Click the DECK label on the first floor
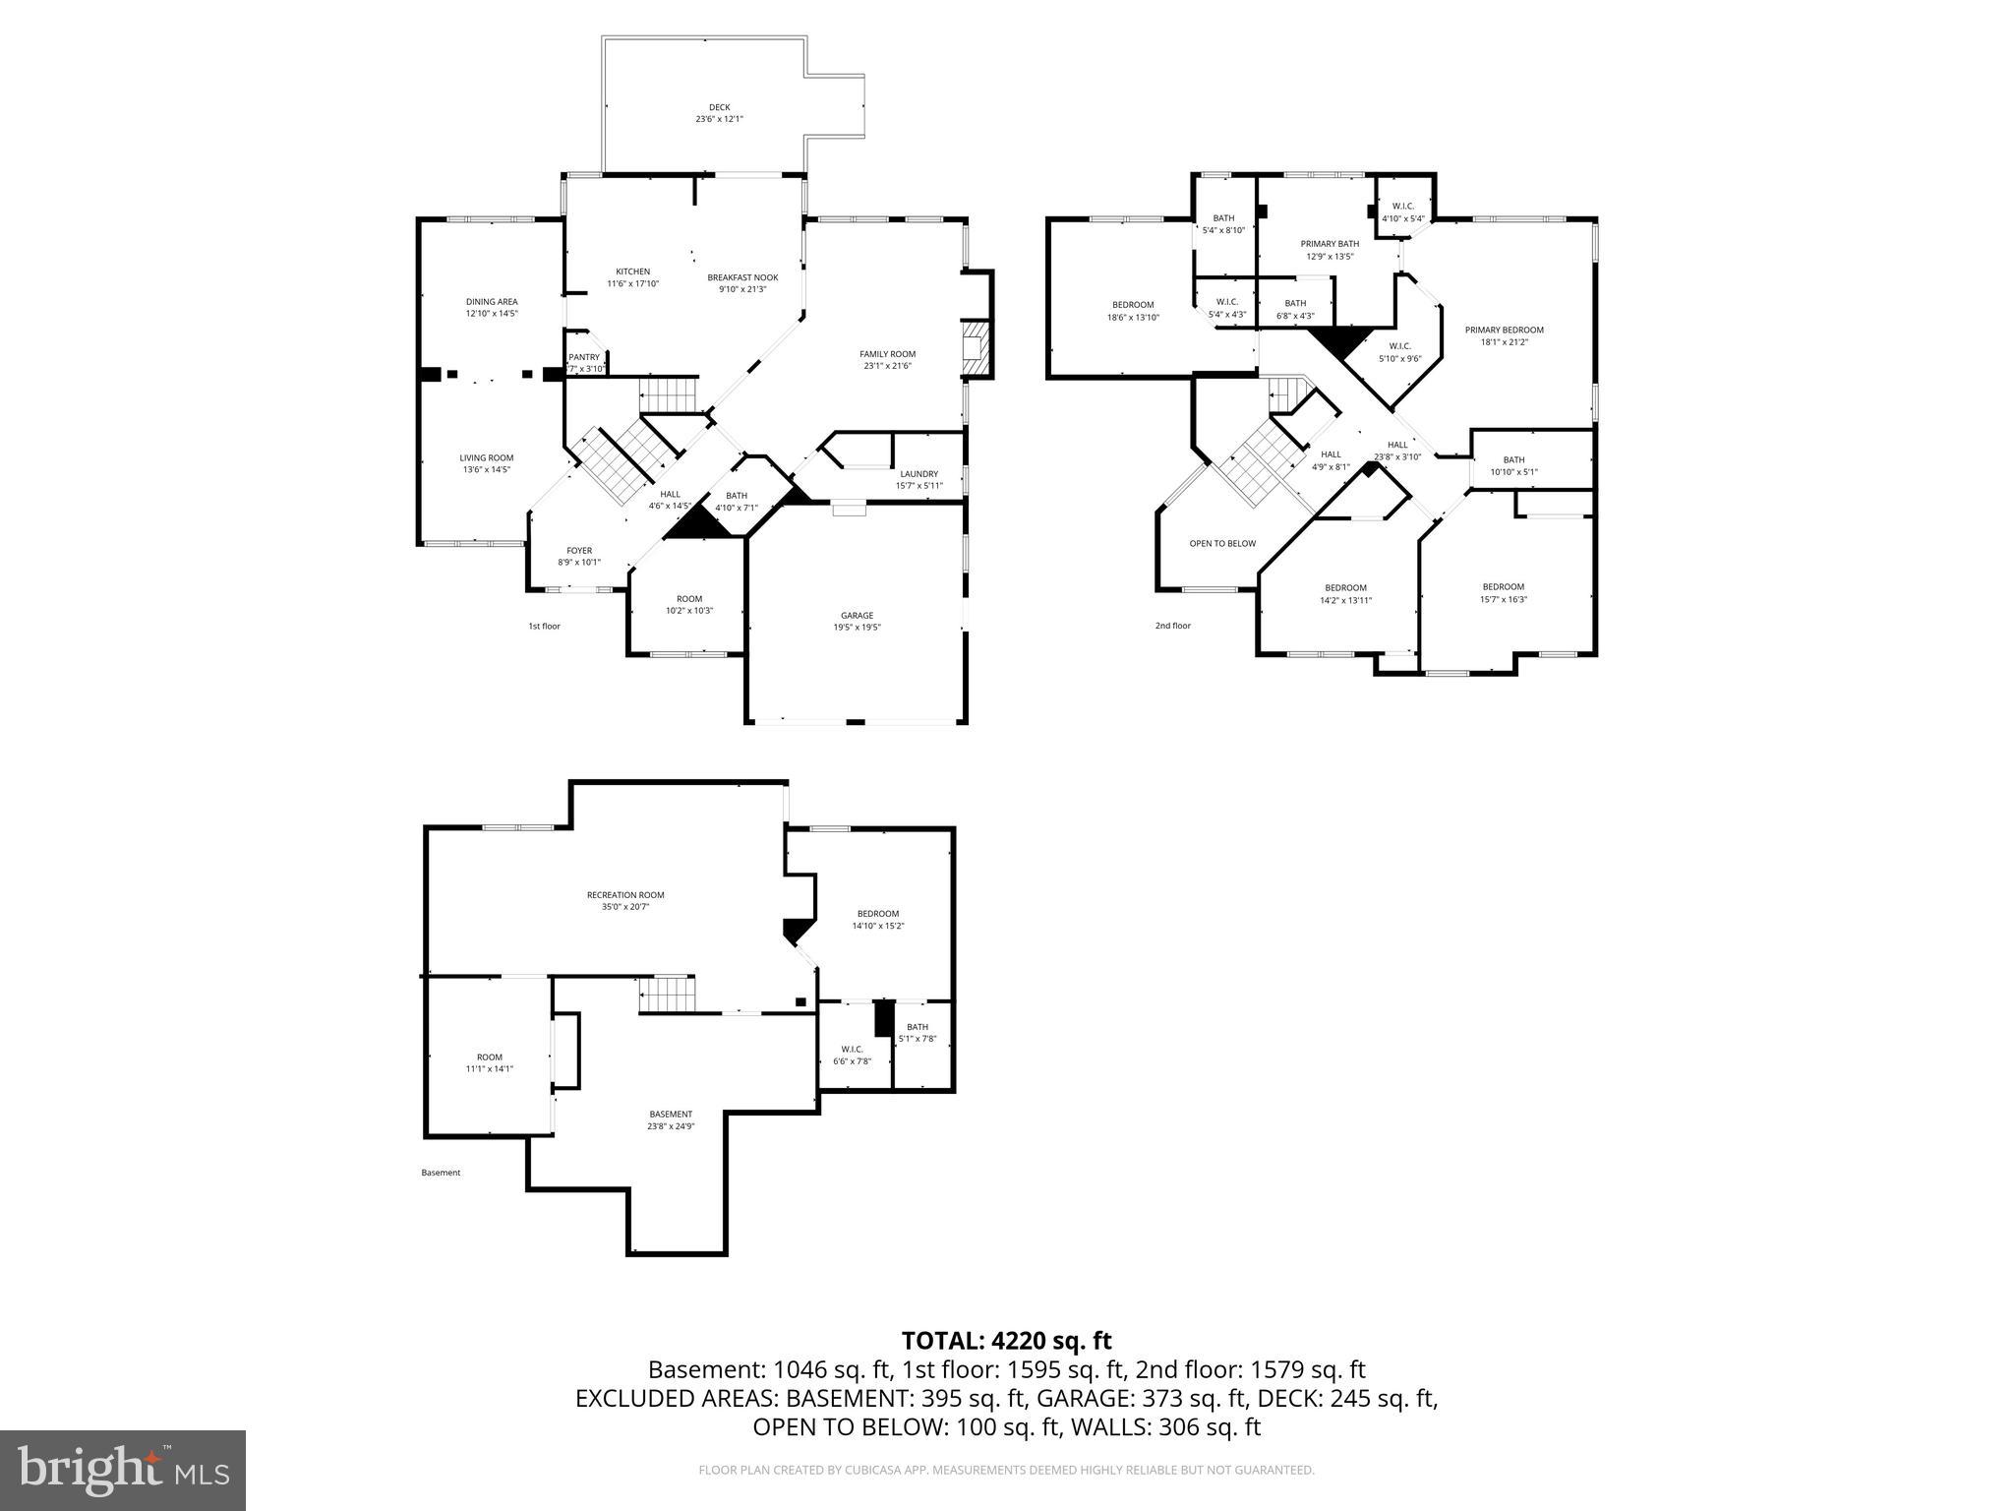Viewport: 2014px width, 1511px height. pyautogui.click(x=720, y=108)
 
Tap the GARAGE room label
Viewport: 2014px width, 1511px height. pyautogui.click(x=857, y=616)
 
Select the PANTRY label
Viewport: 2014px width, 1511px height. pyautogui.click(x=584, y=357)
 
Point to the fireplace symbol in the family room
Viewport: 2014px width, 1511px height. pyautogui.click(x=976, y=348)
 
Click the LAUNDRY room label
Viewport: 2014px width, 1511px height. pyautogui.click(x=918, y=473)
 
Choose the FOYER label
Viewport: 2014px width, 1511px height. pyautogui.click(x=579, y=551)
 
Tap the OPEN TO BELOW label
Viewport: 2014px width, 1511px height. pyautogui.click(x=1222, y=543)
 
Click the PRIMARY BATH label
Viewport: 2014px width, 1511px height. pyautogui.click(x=1330, y=244)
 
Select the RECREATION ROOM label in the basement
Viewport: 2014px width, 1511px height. pyautogui.click(x=625, y=895)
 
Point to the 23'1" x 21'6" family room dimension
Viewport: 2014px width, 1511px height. pyautogui.click(x=888, y=366)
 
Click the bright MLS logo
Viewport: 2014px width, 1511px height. pyautogui.click(x=123, y=1470)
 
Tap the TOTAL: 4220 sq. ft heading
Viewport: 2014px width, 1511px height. pyautogui.click(x=1006, y=1341)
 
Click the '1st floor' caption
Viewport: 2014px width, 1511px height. pyautogui.click(x=544, y=626)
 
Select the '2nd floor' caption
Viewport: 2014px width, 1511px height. pyautogui.click(x=1172, y=626)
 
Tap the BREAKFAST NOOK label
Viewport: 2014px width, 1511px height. pyautogui.click(x=742, y=277)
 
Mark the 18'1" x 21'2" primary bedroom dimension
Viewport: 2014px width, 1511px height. pyautogui.click(x=1504, y=342)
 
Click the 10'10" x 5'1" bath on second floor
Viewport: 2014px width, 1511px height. pyautogui.click(x=1513, y=471)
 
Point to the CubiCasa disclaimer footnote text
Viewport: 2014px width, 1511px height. pyautogui.click(x=1006, y=1471)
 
